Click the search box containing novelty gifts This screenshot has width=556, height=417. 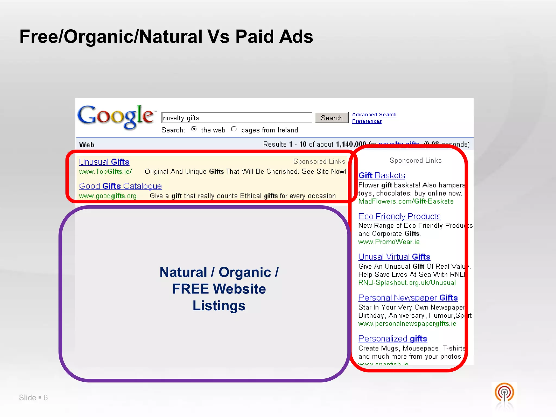pos(236,118)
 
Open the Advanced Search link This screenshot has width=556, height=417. pos(374,115)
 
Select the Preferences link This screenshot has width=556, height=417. pos(367,121)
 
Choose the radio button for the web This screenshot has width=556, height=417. pos(194,129)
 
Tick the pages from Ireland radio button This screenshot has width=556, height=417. pos(234,129)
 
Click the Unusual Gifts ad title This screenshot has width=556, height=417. pos(104,162)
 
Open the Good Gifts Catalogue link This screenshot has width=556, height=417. pos(120,186)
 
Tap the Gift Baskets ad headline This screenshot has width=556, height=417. pos(382,175)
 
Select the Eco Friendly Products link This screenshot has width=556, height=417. pos(399,216)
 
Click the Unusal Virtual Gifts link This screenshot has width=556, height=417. pos(394,257)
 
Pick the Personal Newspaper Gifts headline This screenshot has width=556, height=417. pos(408,298)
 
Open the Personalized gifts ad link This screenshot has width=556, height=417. pos(393,339)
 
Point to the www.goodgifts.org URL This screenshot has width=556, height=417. pos(108,196)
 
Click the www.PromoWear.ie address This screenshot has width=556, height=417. pos(389,242)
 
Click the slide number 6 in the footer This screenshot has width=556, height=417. pos(46,398)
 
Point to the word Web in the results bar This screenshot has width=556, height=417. pos(87,144)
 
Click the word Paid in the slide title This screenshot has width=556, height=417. pos(255,37)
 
